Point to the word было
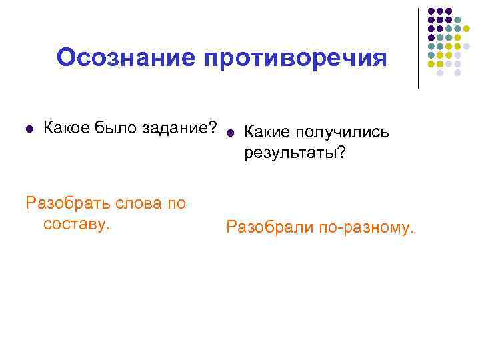(115, 127)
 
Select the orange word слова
(139, 203)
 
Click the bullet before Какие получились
(230, 132)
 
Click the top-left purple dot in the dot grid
(431, 11)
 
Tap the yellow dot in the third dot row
(467, 29)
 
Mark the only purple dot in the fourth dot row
(431, 37)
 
